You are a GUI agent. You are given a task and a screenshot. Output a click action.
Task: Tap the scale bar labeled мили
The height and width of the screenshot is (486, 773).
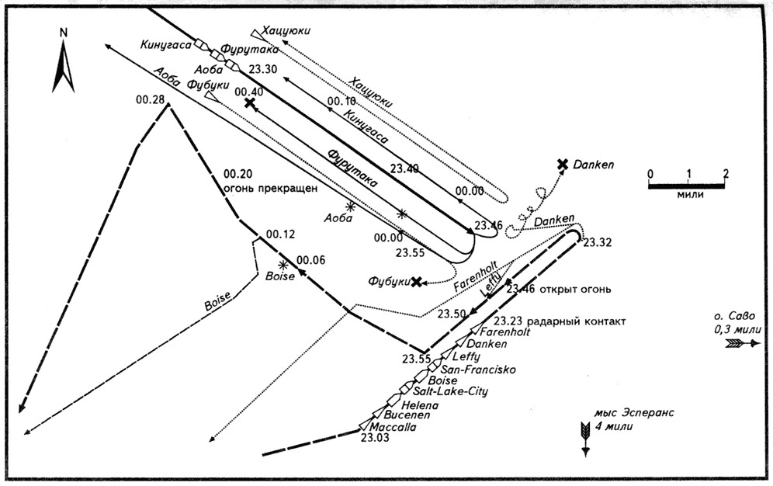pos(687,184)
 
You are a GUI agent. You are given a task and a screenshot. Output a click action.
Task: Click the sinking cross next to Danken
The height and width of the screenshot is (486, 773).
pos(563,164)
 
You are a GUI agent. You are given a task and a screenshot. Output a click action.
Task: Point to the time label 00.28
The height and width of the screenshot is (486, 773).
pos(150,99)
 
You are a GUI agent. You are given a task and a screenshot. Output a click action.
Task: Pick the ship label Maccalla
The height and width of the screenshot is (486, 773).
pos(392,427)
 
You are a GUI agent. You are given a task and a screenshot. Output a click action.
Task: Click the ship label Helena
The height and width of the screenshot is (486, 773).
pos(421,404)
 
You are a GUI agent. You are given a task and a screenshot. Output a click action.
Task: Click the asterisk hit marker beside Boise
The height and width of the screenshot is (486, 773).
pos(272,266)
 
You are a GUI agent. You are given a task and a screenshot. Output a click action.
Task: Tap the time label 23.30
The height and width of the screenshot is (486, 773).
pos(263,69)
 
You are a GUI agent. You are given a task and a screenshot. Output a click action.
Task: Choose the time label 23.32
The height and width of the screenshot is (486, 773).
pos(598,242)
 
